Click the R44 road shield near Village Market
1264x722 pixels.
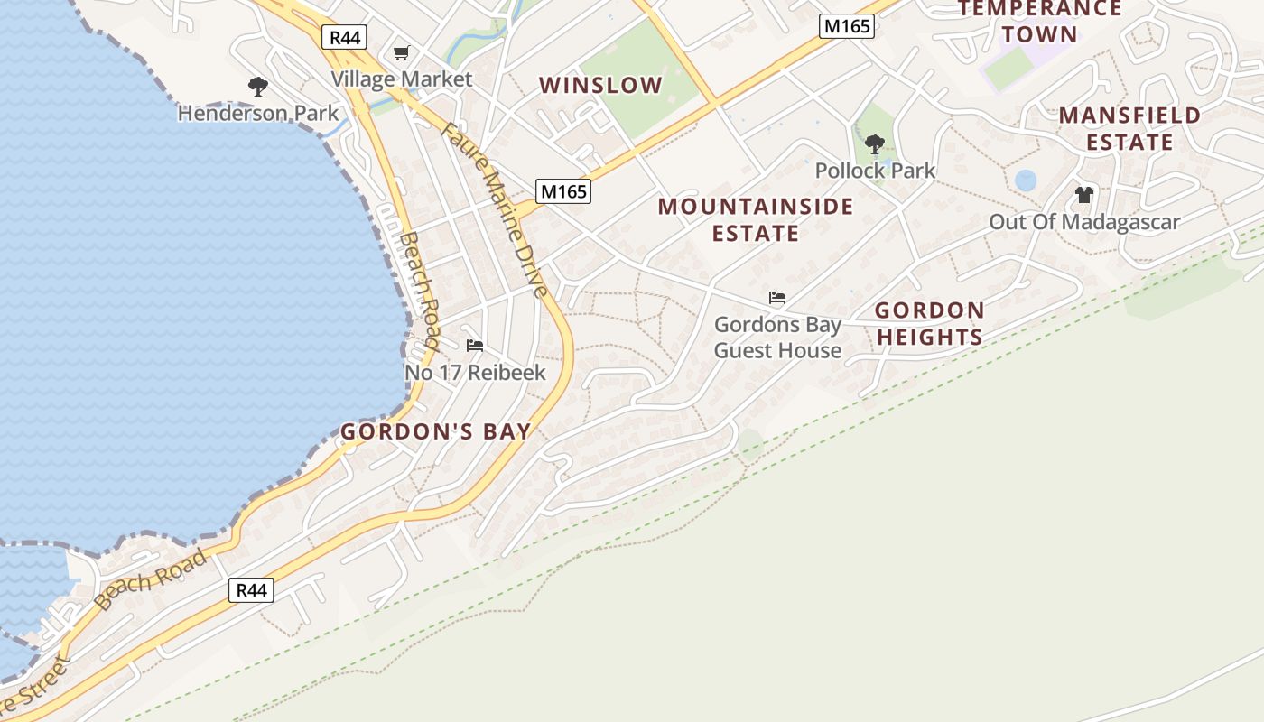click(344, 37)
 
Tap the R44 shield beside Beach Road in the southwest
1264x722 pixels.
click(250, 590)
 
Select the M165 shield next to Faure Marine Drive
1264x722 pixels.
click(563, 191)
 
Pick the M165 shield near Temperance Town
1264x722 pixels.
click(846, 26)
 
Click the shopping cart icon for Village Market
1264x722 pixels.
click(401, 53)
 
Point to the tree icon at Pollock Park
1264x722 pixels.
click(874, 144)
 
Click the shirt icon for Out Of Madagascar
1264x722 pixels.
click(1084, 195)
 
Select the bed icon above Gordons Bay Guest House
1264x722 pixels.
click(776, 297)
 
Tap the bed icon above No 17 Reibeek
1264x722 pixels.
click(475, 346)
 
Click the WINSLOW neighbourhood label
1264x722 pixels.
click(600, 86)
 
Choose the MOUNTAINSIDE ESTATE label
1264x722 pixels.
click(756, 220)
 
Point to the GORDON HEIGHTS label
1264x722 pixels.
click(929, 324)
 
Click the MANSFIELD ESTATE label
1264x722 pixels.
click(1129, 129)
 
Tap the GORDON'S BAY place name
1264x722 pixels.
click(435, 431)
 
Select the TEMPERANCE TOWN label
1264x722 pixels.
click(1040, 22)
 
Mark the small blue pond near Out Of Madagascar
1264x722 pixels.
click(1026, 180)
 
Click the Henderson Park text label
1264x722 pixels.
click(258, 114)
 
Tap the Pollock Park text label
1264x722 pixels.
click(875, 171)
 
